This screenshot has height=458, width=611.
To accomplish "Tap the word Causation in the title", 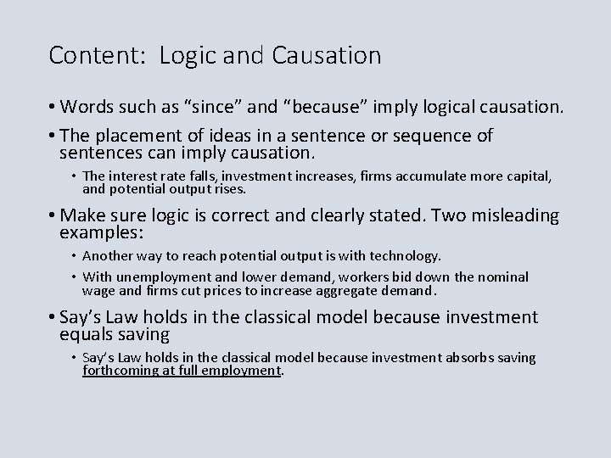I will (x=328, y=56).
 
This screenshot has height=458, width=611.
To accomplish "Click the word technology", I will (x=408, y=255).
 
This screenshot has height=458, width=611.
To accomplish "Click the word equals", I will (x=83, y=334).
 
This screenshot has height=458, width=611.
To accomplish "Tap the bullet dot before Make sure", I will (x=53, y=215).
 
